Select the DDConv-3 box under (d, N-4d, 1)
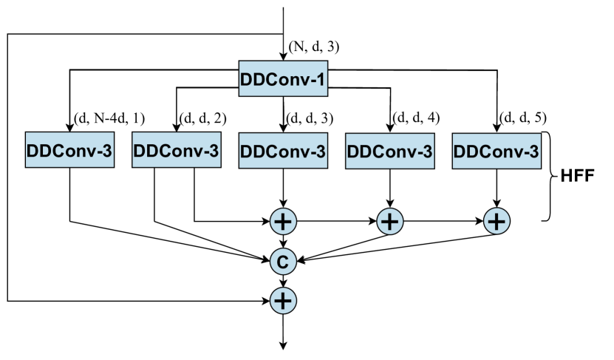tap(69, 150)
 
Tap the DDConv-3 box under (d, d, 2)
tap(176, 150)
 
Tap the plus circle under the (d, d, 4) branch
tap(391, 220)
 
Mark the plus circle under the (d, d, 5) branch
tap(497, 220)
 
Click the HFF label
tap(581, 177)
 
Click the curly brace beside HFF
tap(551, 177)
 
